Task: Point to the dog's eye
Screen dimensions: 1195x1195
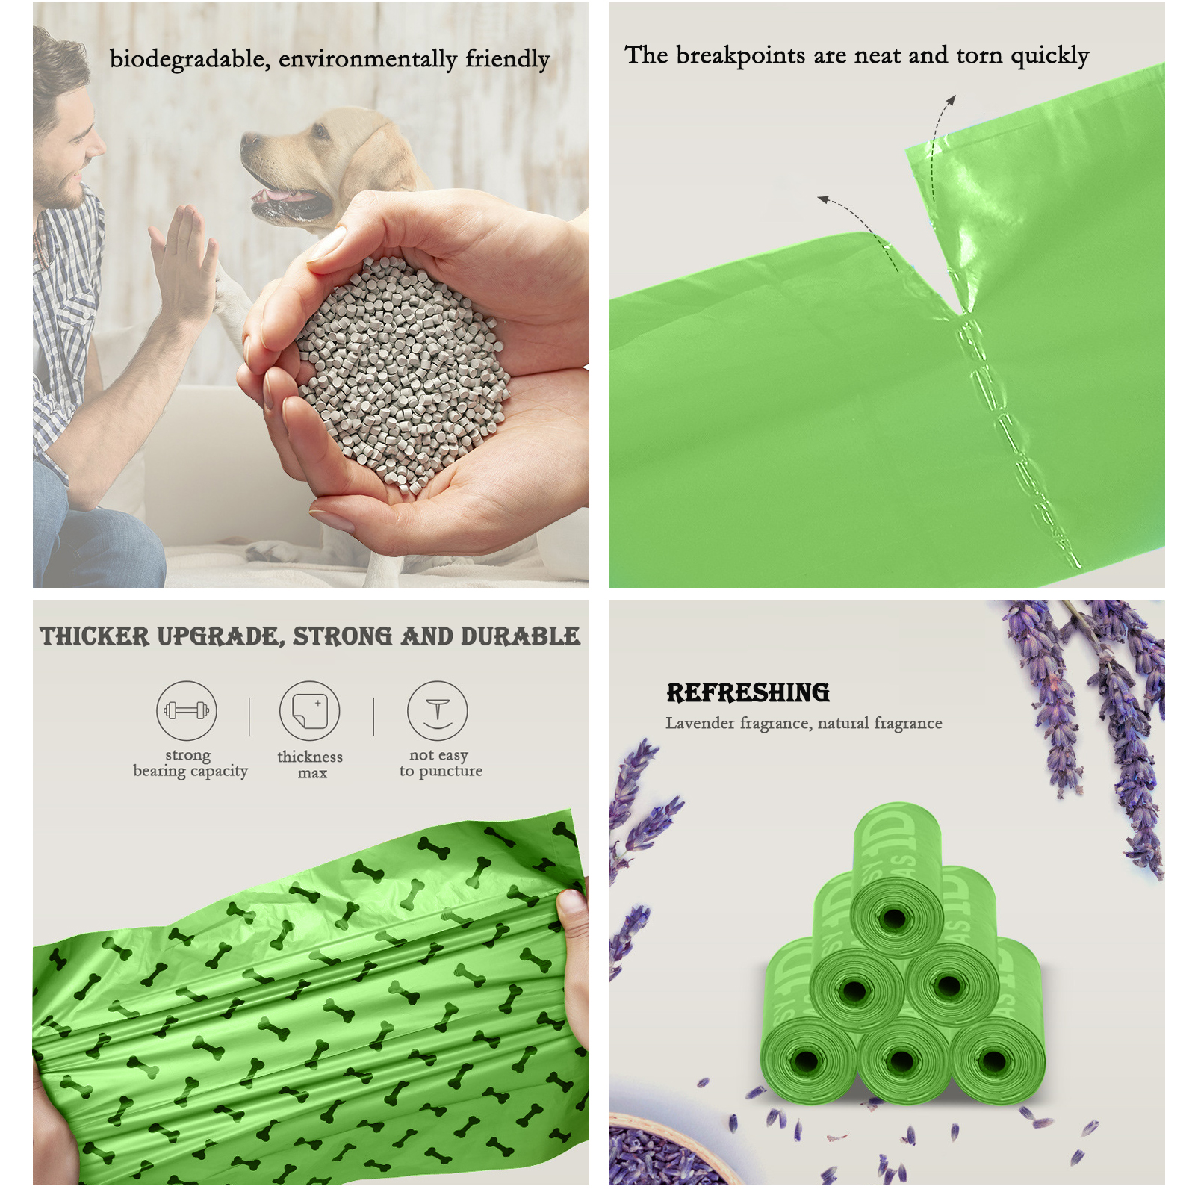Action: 320,132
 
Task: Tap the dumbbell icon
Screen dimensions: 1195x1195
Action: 187,710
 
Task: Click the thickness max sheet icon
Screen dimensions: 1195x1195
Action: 310,710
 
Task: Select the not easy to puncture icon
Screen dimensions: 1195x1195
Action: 438,710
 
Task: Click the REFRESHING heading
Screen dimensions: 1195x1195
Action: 748,692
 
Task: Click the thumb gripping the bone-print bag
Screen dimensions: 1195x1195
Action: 574,907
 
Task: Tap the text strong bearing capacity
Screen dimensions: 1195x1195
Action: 190,763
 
